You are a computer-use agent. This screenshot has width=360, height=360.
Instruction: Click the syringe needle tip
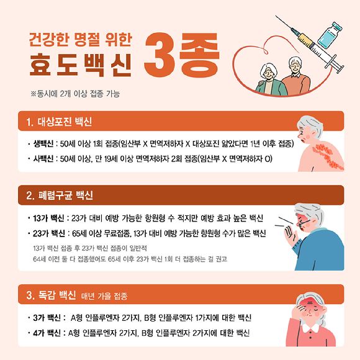coord(276,17)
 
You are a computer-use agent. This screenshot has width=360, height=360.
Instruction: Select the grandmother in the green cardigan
coord(271,80)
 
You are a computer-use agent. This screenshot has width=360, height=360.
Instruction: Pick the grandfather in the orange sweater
coord(296,76)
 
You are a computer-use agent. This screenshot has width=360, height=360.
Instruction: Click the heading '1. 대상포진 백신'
coord(59,122)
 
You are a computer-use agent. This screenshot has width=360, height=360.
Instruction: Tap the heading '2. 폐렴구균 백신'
coord(60,196)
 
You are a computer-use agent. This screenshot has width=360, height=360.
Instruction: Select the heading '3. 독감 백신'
coord(51,295)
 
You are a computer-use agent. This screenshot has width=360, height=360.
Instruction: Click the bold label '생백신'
coord(43,143)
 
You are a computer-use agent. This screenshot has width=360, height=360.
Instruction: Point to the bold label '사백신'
coord(43,158)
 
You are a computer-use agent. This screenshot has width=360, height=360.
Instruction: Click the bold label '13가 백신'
coord(48,218)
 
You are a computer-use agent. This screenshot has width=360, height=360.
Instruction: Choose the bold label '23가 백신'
coord(49,233)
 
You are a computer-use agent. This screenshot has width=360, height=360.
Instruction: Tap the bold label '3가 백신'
coord(47,318)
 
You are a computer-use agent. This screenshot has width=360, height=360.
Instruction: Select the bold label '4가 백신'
coord(47,333)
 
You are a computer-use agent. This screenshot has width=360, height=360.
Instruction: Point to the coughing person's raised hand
coord(290,236)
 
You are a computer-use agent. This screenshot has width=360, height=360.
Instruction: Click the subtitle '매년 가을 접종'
coord(104,296)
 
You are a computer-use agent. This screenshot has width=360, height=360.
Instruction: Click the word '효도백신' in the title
coord(80,65)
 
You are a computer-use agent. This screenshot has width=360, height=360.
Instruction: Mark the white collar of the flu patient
coord(310,328)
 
